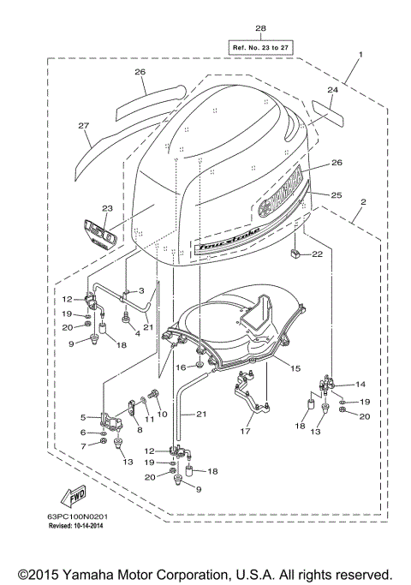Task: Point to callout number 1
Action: pos(360,55)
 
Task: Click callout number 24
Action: pos(333,89)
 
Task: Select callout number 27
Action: pos(84,127)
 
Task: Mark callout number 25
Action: pos(336,196)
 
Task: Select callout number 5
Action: pos(84,417)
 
